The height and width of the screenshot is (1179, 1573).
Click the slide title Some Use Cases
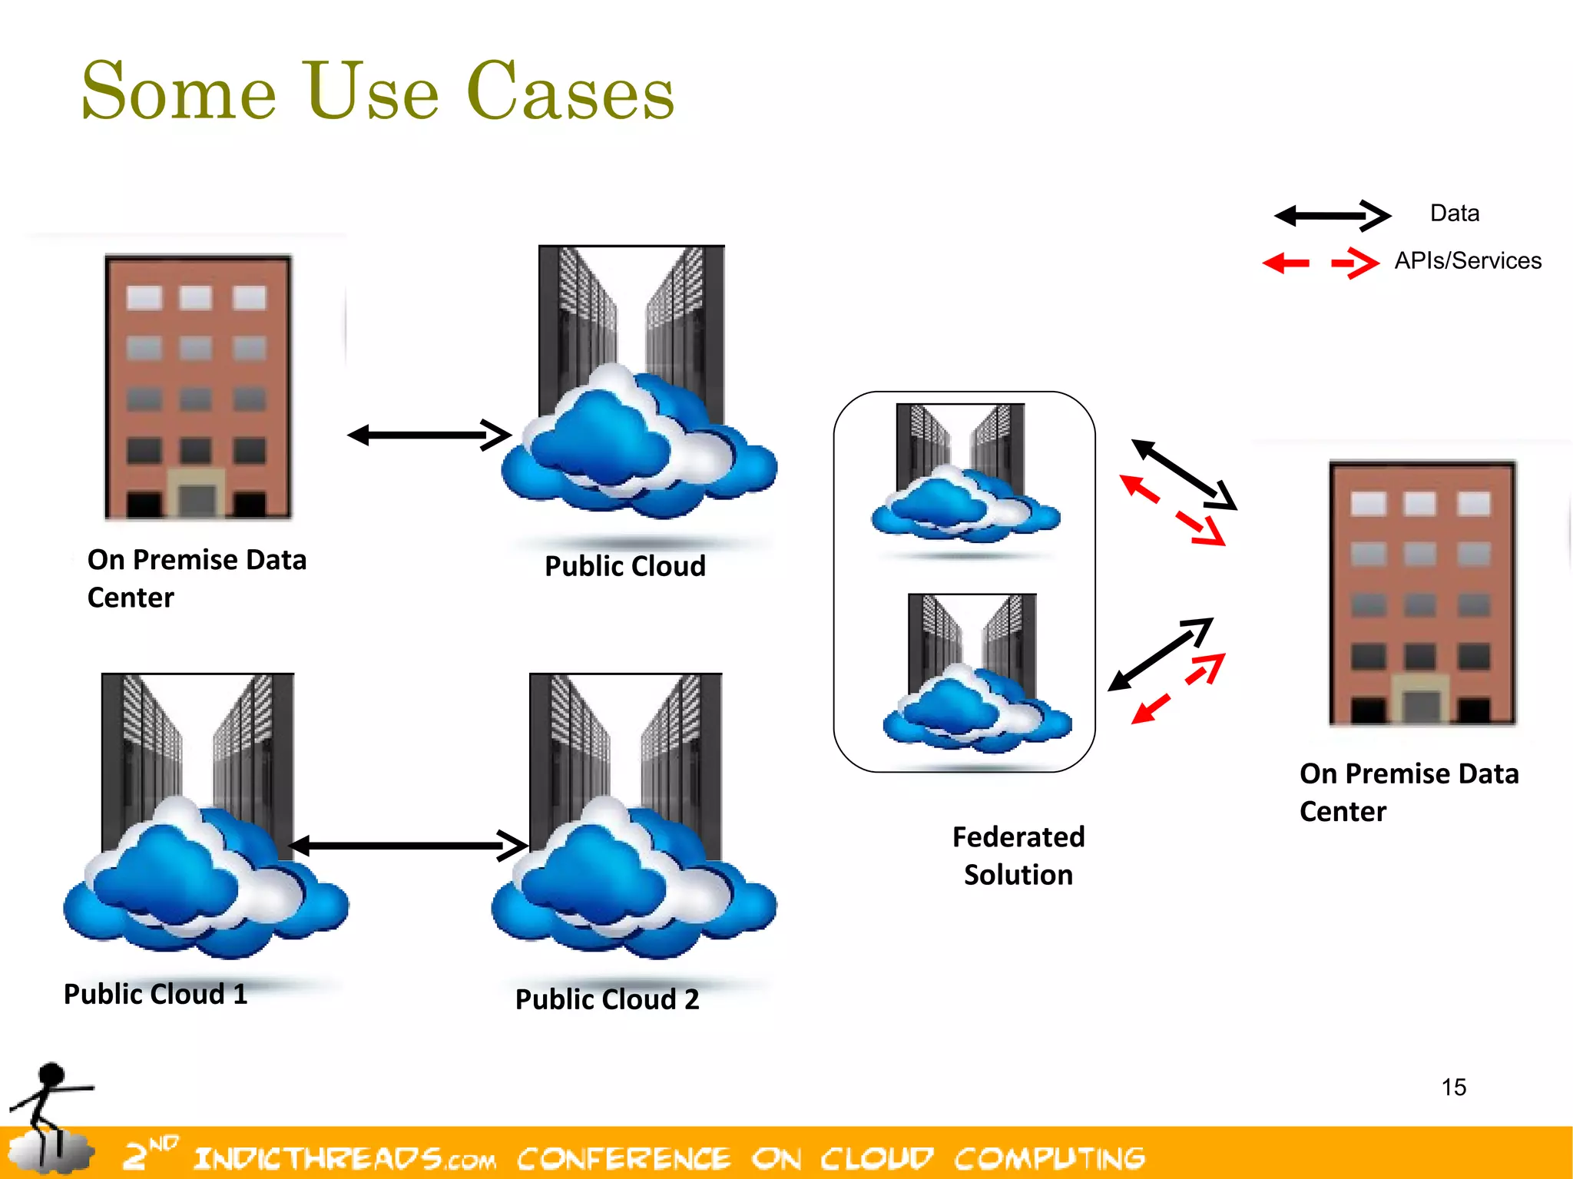(378, 92)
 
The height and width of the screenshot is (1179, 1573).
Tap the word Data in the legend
(1454, 213)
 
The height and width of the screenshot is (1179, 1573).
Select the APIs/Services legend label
(1467, 261)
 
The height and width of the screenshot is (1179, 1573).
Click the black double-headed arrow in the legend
(1332, 216)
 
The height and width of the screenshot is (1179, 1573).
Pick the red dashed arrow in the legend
(1321, 263)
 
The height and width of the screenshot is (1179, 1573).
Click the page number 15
(1453, 1088)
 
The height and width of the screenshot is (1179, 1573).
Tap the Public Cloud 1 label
(155, 994)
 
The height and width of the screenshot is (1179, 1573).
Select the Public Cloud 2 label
(607, 999)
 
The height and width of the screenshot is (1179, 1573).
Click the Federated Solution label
(1018, 856)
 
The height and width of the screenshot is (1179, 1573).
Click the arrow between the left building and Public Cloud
(429, 436)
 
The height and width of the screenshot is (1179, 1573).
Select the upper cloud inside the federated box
(964, 503)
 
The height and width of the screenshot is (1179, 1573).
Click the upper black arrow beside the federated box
(1183, 474)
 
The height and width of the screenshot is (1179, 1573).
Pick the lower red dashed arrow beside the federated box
(1177, 688)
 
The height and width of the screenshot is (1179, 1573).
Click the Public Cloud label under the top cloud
(624, 566)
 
